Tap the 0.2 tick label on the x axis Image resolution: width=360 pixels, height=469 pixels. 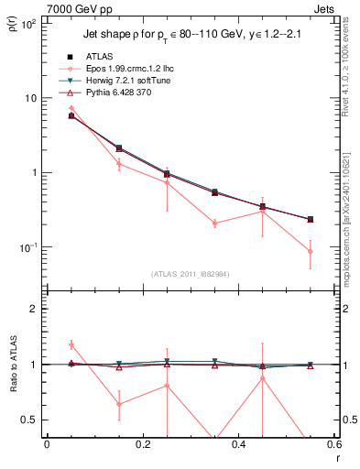[x=142, y=444]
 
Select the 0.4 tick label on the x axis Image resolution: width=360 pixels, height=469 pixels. [x=238, y=444]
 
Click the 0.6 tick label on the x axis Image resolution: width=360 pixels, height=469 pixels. [x=333, y=444]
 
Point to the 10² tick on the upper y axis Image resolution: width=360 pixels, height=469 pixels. [x=28, y=24]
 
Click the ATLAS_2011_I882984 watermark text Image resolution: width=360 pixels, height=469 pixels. [x=190, y=274]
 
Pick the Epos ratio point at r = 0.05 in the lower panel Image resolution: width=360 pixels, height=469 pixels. [x=71, y=344]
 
